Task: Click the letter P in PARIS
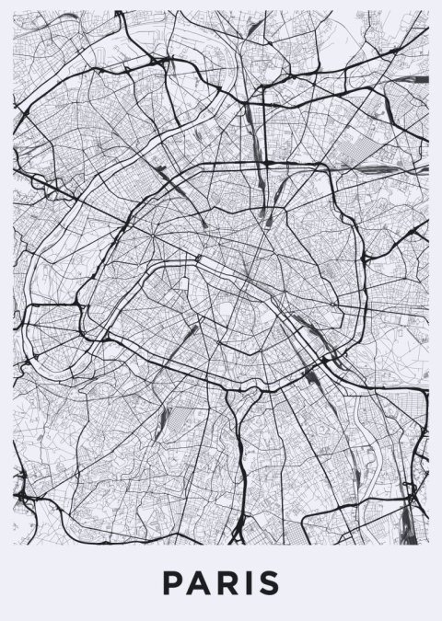point(173,583)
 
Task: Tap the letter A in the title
point(199,583)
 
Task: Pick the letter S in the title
point(269,583)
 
